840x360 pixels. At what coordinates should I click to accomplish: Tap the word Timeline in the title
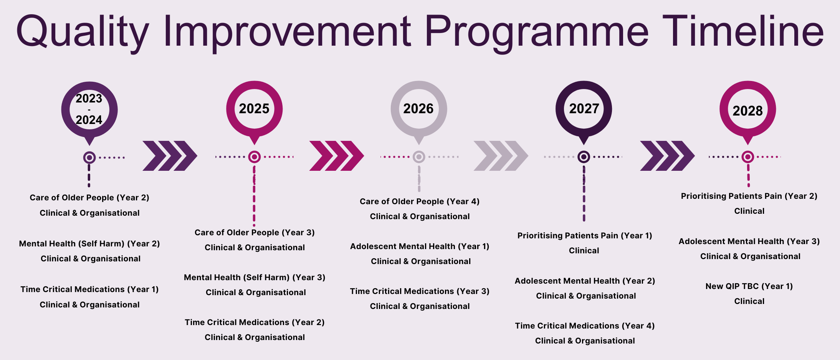[x=743, y=31]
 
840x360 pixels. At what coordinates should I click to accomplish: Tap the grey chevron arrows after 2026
[x=501, y=156]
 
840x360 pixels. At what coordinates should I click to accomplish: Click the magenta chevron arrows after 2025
[x=336, y=156]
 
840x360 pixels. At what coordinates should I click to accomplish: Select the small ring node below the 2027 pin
[x=584, y=157]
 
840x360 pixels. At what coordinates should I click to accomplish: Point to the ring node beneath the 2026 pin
[x=419, y=157]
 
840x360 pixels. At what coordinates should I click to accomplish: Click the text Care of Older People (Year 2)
[x=89, y=198]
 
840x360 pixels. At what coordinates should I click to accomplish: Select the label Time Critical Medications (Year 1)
[x=89, y=289]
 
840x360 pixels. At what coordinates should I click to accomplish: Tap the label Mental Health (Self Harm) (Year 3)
[x=255, y=277]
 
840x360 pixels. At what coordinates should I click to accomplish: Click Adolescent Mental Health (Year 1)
[x=420, y=246]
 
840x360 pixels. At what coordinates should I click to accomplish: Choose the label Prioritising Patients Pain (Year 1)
[x=585, y=236]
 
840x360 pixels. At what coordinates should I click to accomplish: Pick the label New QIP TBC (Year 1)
[x=749, y=286]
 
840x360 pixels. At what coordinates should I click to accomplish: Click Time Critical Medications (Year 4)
[x=585, y=326]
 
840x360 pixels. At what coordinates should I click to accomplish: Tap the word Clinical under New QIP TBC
[x=749, y=301]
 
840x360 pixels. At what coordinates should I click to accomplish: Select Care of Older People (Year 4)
[x=420, y=201]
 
